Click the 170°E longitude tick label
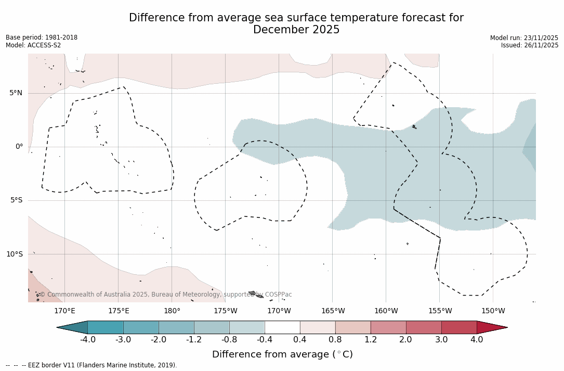coord(64,311)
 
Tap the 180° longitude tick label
coord(172,311)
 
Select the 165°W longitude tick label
coord(333,311)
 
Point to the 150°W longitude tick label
coord(493,311)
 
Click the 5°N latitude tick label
coord(16,93)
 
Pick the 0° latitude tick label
coord(19,147)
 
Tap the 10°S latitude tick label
coord(14,254)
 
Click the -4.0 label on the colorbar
coord(87,340)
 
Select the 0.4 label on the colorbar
coord(300,340)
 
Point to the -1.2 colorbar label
coord(194,340)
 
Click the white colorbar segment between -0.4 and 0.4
coord(282,327)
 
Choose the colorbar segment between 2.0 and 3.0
coord(424,327)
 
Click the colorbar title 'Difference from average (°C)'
coord(282,354)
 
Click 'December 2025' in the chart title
coord(296,30)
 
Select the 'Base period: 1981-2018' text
coord(42,37)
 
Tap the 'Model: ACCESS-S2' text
coord(33,45)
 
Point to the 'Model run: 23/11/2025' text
coord(524,38)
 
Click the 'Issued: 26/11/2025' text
coord(530,45)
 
